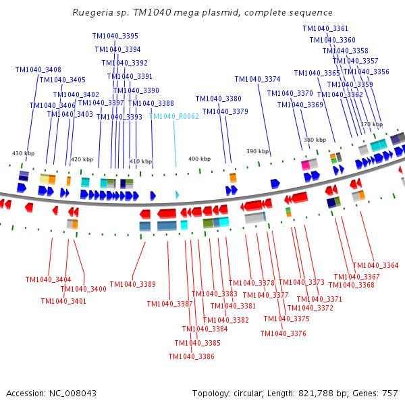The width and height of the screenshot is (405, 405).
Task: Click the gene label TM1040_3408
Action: click(38, 70)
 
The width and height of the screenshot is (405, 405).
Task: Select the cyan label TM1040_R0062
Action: click(174, 116)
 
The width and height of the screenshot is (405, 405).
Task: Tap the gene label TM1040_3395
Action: click(117, 36)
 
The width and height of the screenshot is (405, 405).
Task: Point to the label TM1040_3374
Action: click(257, 79)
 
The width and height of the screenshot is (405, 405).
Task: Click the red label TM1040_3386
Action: click(192, 356)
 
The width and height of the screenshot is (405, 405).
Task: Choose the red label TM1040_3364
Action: click(376, 265)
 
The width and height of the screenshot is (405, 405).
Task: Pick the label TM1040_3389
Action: click(133, 284)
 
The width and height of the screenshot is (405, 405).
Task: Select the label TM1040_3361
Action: click(325, 28)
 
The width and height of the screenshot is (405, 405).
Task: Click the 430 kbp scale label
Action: click(23, 153)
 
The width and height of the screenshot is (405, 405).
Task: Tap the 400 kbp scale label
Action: click(199, 159)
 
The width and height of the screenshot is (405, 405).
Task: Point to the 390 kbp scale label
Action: click(257, 151)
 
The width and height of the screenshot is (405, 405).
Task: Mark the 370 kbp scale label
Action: click(371, 124)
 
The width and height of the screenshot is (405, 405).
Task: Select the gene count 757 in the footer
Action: click(389, 392)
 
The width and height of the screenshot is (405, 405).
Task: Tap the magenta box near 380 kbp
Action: click(305, 164)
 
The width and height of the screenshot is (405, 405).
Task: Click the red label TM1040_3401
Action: click(65, 301)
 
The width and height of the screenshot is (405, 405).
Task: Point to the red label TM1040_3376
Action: click(283, 333)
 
